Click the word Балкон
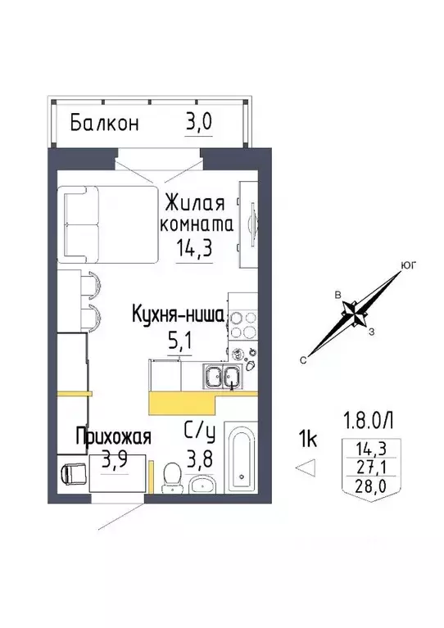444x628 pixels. click(104, 124)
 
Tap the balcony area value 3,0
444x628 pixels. click(198, 124)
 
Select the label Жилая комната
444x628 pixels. click(197, 212)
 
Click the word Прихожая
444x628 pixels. click(113, 437)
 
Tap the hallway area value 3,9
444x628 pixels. click(115, 460)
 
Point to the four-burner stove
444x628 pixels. click(243, 324)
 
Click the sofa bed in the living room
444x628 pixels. click(108, 223)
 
